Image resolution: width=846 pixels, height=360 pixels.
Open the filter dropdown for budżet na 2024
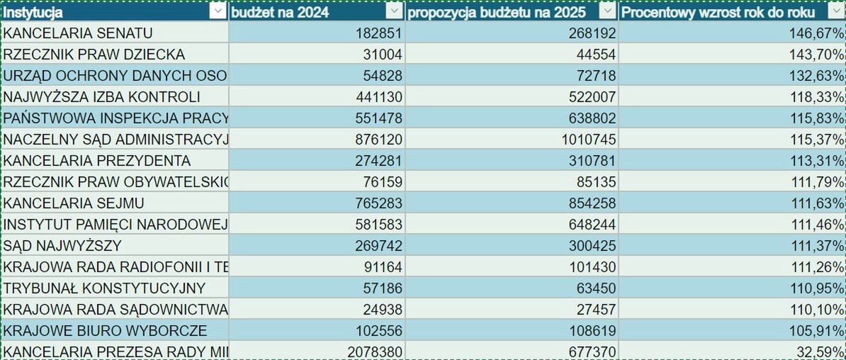click(394, 12)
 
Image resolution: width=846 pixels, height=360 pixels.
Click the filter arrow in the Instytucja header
click(218, 12)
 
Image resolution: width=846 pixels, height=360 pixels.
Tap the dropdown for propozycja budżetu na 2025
click(607, 12)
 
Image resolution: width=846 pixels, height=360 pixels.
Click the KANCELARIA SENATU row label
click(78, 33)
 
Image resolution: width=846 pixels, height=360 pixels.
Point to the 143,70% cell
click(816, 55)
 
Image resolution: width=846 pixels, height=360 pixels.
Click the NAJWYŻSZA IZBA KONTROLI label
click(102, 97)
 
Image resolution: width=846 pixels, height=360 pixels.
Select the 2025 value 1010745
click(589, 140)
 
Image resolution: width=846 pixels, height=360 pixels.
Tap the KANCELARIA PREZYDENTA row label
click(97, 161)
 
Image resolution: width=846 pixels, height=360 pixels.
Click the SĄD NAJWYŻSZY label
click(62, 246)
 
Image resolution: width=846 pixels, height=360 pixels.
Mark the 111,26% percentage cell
click(816, 267)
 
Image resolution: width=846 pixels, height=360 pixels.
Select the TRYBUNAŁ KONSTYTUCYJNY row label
click(104, 288)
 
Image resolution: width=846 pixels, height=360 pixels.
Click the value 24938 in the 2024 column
click(381, 310)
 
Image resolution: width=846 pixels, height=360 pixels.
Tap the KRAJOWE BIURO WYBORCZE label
click(105, 331)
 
